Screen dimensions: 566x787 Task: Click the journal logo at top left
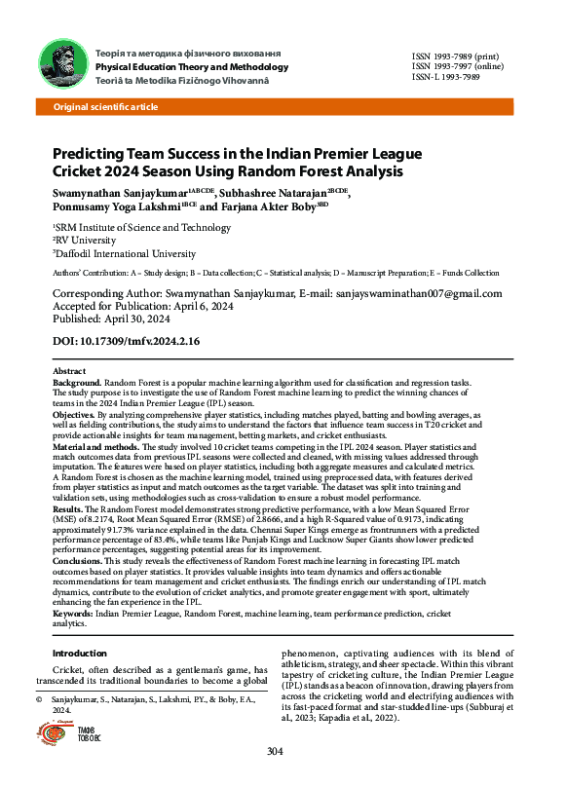(x=59, y=65)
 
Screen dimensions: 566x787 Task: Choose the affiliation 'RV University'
(x=91, y=240)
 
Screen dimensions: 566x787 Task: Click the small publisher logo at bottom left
(x=64, y=734)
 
